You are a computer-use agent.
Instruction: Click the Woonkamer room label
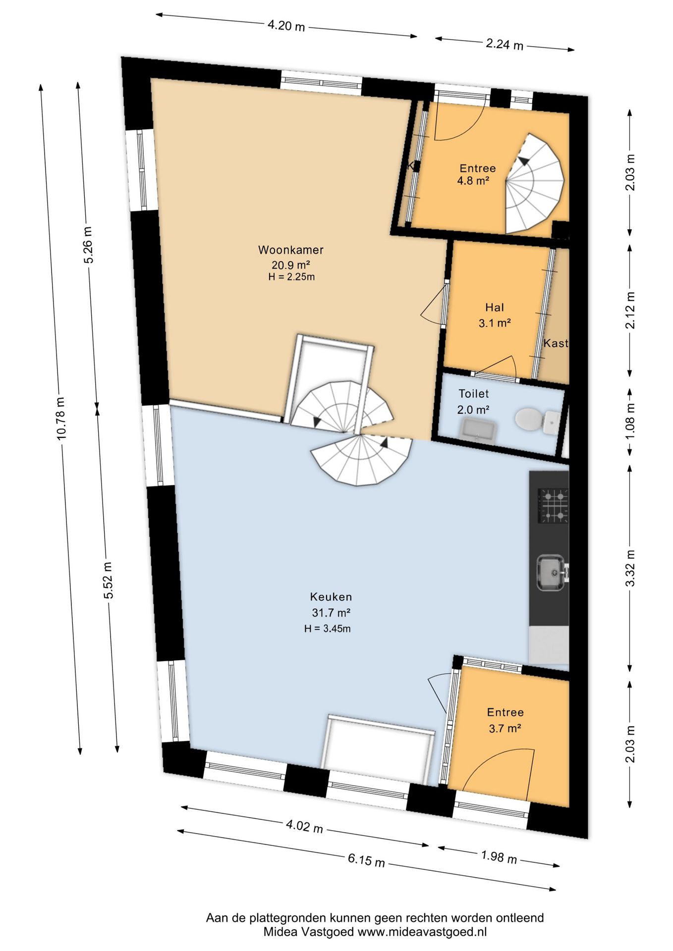[291, 250]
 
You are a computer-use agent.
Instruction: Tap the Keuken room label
[331, 597]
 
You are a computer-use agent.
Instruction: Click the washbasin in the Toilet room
[479, 428]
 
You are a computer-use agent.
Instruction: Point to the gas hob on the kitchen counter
[553, 506]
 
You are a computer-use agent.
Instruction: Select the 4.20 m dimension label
[286, 25]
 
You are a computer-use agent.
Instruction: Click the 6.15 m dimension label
[366, 860]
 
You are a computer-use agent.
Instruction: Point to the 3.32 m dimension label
[630, 568]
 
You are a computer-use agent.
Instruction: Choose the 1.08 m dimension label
[630, 421]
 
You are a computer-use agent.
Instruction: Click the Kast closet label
[556, 343]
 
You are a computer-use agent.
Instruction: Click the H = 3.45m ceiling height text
[328, 629]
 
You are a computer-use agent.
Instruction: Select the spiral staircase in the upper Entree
[534, 184]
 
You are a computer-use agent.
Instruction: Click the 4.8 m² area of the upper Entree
[473, 181]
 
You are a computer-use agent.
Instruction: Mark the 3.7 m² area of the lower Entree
[505, 729]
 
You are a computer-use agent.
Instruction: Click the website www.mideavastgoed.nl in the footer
[422, 932]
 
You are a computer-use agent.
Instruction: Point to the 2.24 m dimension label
[505, 44]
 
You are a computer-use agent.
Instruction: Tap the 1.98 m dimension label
[499, 857]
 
